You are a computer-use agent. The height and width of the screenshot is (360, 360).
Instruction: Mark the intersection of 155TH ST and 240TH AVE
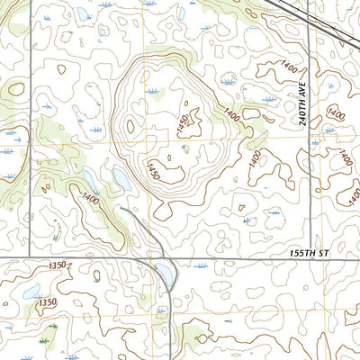click(x=308, y=261)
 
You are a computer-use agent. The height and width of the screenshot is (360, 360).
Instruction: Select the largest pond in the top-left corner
click(x=84, y=14)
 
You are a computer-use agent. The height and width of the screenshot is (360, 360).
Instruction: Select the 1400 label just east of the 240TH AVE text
click(x=335, y=113)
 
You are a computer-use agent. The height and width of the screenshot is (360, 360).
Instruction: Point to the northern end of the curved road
click(x=121, y=208)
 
